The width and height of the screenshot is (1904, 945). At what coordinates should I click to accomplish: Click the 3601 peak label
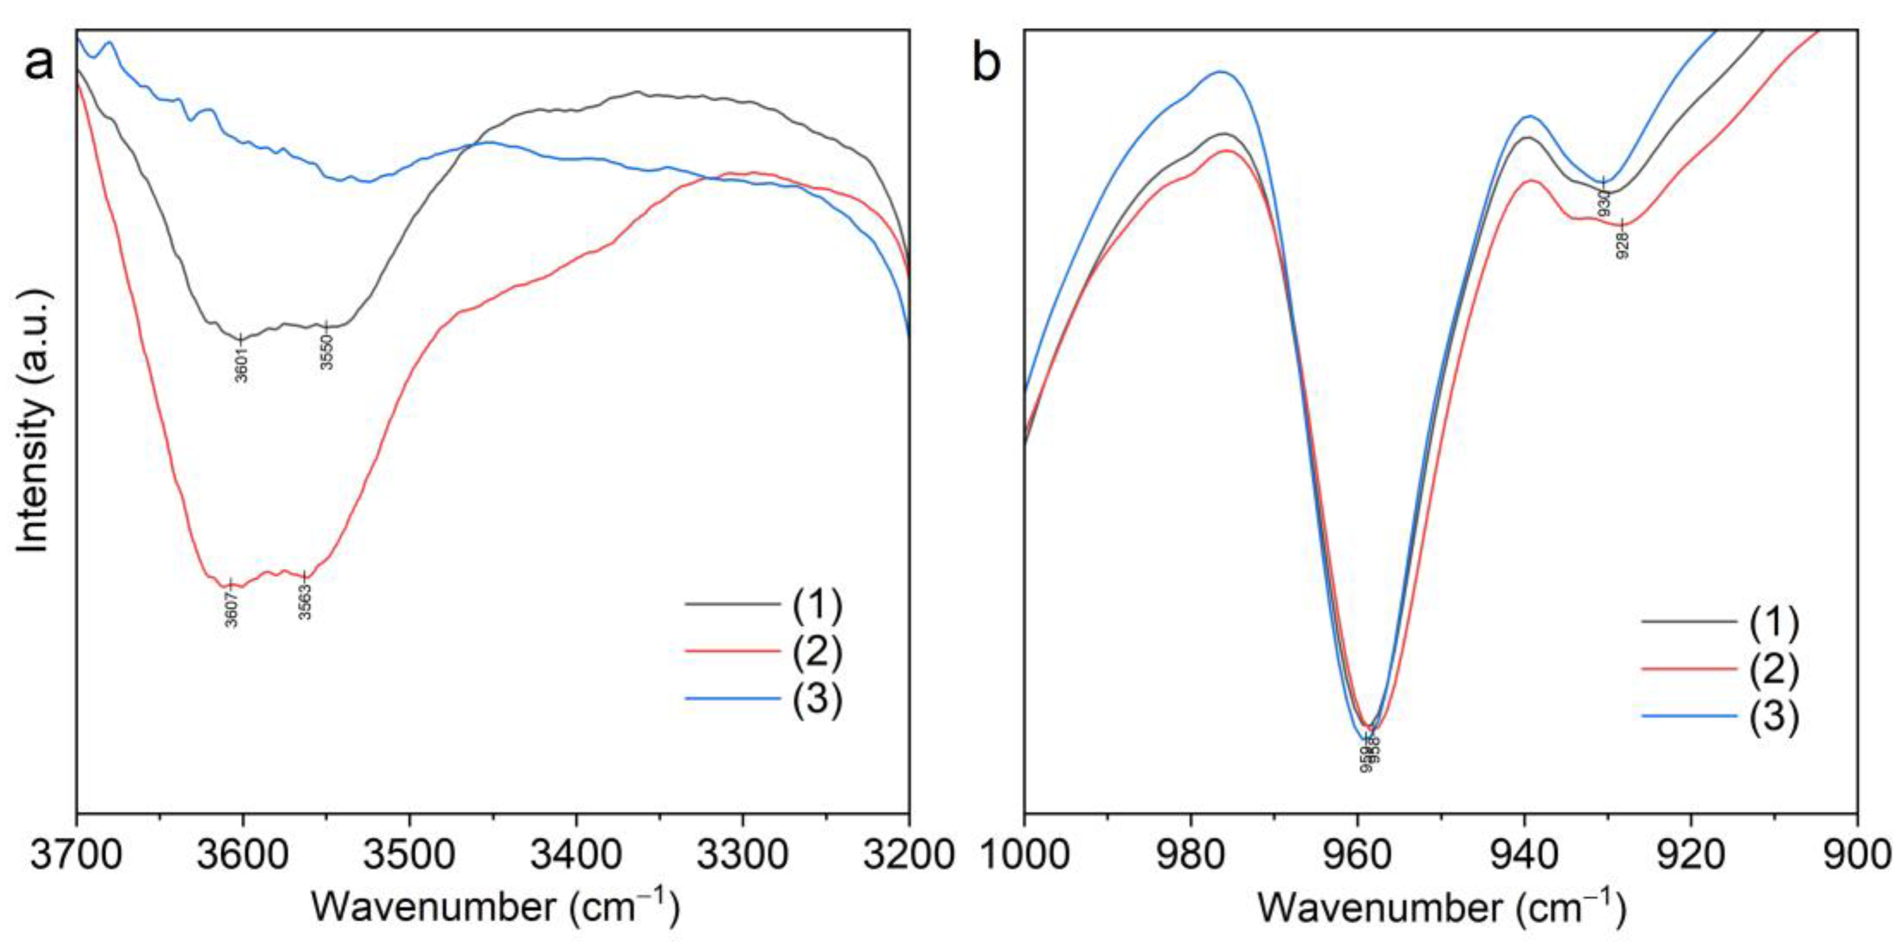241,364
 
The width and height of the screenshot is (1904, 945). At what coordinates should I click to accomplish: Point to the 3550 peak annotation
327,351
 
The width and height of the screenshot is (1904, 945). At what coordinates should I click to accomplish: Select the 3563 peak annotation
305,601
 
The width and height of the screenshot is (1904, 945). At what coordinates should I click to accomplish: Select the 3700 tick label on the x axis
77,856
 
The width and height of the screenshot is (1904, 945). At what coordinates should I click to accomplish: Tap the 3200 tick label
908,856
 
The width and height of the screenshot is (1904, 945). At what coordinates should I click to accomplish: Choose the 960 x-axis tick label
1358,856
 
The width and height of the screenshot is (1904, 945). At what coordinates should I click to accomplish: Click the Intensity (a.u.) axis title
36,421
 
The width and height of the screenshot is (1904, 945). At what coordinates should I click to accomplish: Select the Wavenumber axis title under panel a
494,907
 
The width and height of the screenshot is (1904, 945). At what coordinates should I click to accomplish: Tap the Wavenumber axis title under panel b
1441,907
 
